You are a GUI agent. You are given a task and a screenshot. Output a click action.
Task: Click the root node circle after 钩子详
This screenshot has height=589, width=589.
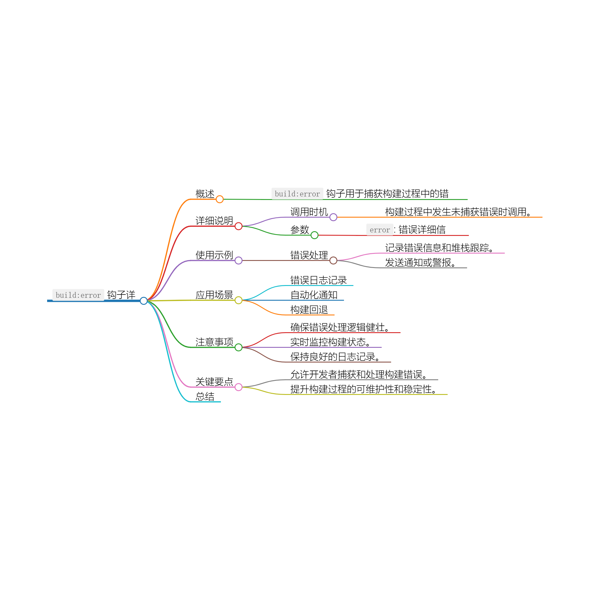(144, 301)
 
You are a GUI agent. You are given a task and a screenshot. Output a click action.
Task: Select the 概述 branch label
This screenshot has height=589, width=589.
(205, 193)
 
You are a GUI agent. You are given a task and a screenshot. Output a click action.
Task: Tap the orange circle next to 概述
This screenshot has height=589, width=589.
(219, 199)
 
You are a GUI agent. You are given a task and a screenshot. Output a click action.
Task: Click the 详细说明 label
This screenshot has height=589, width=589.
(214, 220)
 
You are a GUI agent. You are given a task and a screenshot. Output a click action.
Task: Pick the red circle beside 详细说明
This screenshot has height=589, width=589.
(239, 226)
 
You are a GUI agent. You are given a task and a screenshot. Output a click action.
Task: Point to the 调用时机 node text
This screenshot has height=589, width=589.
(309, 211)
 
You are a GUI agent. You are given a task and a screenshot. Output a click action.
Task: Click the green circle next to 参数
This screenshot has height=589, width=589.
(314, 235)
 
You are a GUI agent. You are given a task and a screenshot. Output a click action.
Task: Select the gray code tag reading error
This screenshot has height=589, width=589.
(380, 230)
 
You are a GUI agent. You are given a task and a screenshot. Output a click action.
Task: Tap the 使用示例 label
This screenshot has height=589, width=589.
(214, 255)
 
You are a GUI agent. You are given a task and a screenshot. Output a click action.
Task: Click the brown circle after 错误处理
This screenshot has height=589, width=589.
(333, 260)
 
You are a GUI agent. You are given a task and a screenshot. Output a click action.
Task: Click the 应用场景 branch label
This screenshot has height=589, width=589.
(214, 295)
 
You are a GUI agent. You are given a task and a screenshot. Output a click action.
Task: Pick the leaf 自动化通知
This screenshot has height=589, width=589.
(314, 295)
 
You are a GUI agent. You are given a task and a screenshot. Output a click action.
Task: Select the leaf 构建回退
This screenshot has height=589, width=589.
(309, 310)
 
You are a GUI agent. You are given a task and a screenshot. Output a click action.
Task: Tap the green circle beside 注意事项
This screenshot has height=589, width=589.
(239, 347)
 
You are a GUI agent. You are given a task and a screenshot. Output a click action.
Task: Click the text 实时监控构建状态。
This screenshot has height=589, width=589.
(330, 342)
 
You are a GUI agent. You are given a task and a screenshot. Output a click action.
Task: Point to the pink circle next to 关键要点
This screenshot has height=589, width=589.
(239, 387)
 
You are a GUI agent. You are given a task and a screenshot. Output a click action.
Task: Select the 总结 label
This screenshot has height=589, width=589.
(205, 396)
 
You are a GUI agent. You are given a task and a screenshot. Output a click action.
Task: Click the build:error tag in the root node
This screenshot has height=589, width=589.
(78, 295)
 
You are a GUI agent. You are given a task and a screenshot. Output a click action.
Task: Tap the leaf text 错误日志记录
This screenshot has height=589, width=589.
(318, 280)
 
